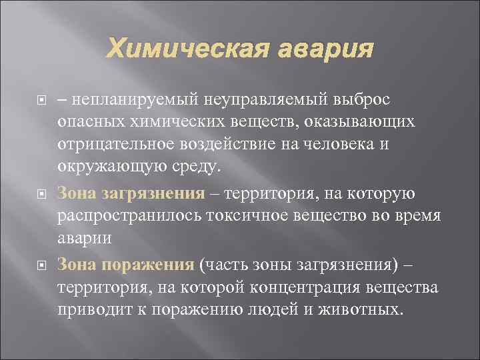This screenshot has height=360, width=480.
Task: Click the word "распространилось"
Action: [129, 217]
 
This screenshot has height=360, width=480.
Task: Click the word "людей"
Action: [285, 311]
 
